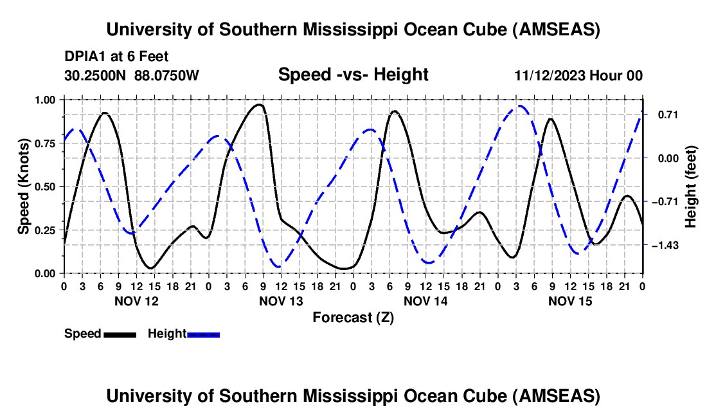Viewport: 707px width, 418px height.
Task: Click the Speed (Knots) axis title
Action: point(23,186)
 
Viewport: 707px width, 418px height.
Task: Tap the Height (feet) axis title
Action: point(691,186)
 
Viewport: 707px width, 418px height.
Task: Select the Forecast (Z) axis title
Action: point(353,317)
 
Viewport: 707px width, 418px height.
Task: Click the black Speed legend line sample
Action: point(120,334)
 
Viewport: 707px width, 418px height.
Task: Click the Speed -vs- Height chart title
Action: point(353,75)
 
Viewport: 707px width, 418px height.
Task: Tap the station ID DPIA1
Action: point(82,57)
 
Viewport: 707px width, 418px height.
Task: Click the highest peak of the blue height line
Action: point(519,106)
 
